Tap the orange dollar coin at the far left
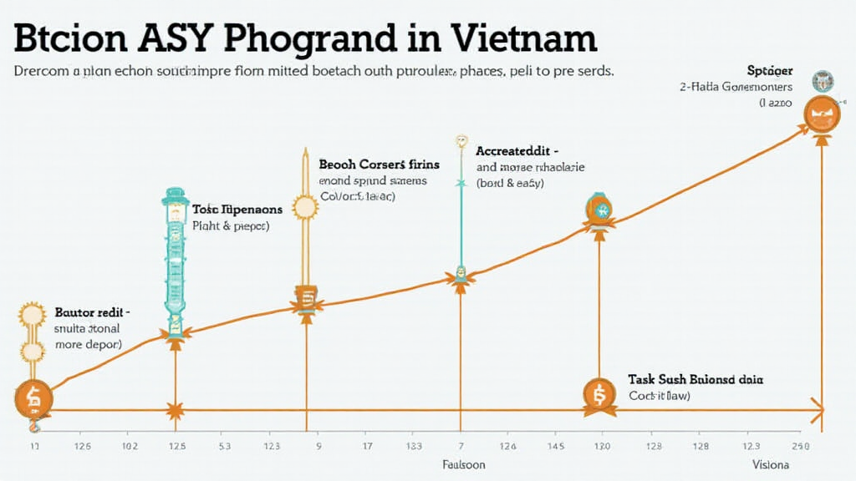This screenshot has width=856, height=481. click(x=33, y=397)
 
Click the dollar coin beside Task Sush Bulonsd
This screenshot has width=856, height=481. click(x=599, y=394)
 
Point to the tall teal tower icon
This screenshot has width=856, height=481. click(x=175, y=259)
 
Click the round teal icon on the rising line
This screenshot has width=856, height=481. click(x=599, y=208)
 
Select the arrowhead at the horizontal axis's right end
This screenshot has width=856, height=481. click(x=818, y=410)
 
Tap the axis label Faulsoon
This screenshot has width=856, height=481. click(x=463, y=464)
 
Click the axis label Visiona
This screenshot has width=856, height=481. click(x=770, y=464)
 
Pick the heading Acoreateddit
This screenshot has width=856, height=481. click(x=517, y=151)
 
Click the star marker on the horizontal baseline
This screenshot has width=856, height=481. click(x=175, y=410)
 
